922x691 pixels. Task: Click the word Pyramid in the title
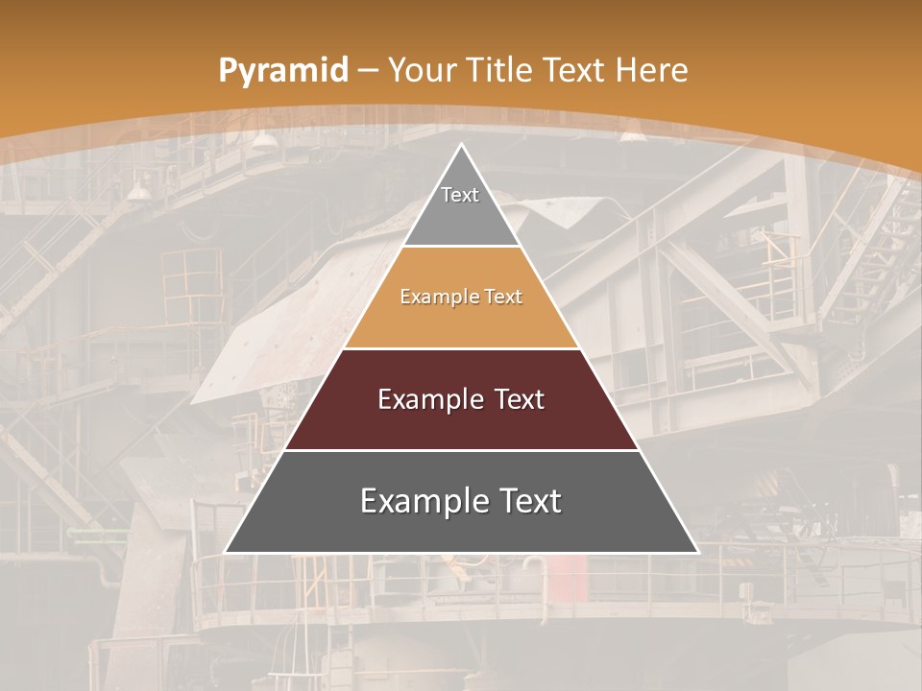(x=281, y=71)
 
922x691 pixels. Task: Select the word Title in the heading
(x=503, y=70)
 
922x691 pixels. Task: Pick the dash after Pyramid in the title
(x=366, y=71)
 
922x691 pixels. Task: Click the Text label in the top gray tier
(x=460, y=195)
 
